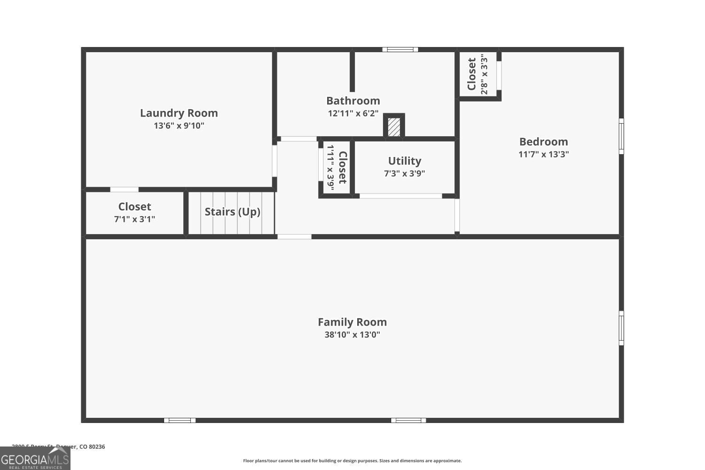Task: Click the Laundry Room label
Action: pyautogui.click(x=179, y=113)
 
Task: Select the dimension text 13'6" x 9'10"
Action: pyautogui.click(x=179, y=126)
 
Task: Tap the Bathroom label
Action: pyautogui.click(x=353, y=101)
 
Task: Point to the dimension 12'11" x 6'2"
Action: pyautogui.click(x=353, y=113)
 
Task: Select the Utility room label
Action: pyautogui.click(x=404, y=161)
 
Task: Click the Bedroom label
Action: pyautogui.click(x=543, y=142)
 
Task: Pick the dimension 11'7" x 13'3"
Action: pyautogui.click(x=543, y=154)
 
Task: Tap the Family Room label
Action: pyautogui.click(x=352, y=322)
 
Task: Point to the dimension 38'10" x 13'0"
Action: pyautogui.click(x=352, y=335)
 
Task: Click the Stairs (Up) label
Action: pyautogui.click(x=232, y=212)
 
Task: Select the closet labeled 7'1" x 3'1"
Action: pyautogui.click(x=134, y=212)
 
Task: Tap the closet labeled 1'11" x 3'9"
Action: pyautogui.click(x=337, y=168)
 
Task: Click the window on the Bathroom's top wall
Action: pyautogui.click(x=400, y=49)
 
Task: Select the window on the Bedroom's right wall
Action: pyautogui.click(x=621, y=136)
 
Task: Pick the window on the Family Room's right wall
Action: pyautogui.click(x=621, y=328)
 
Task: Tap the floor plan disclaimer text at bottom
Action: pyautogui.click(x=352, y=461)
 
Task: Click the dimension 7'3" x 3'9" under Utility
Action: pyautogui.click(x=404, y=173)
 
